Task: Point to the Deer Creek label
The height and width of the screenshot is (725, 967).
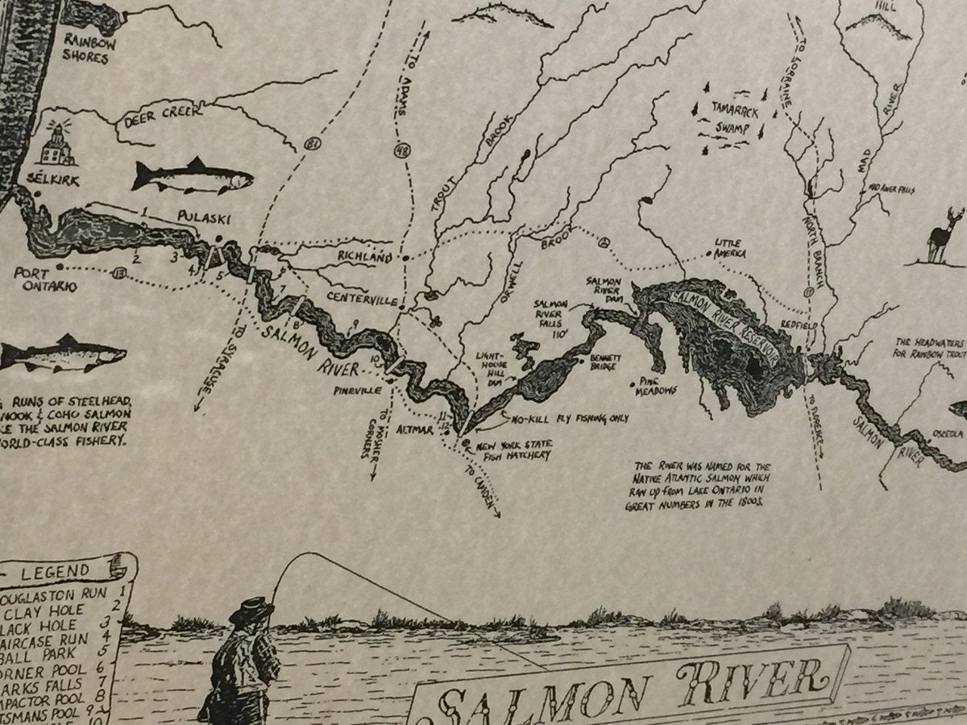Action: pyautogui.click(x=164, y=118)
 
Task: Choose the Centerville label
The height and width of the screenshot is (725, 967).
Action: pyautogui.click(x=363, y=297)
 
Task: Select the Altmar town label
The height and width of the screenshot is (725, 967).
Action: pyautogui.click(x=416, y=430)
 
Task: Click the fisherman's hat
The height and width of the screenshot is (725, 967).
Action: pyautogui.click(x=250, y=610)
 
